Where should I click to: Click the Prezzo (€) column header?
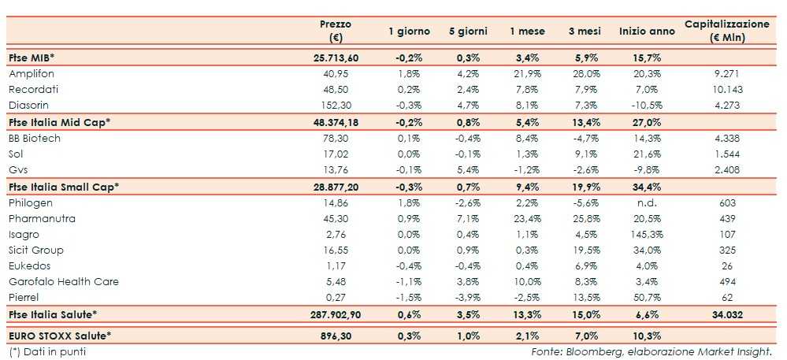[x=336, y=31]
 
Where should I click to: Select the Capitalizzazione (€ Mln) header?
[x=726, y=31]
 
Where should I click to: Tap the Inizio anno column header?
[x=647, y=32]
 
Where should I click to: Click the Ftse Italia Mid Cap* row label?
[x=58, y=122]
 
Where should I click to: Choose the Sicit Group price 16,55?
[x=337, y=251]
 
